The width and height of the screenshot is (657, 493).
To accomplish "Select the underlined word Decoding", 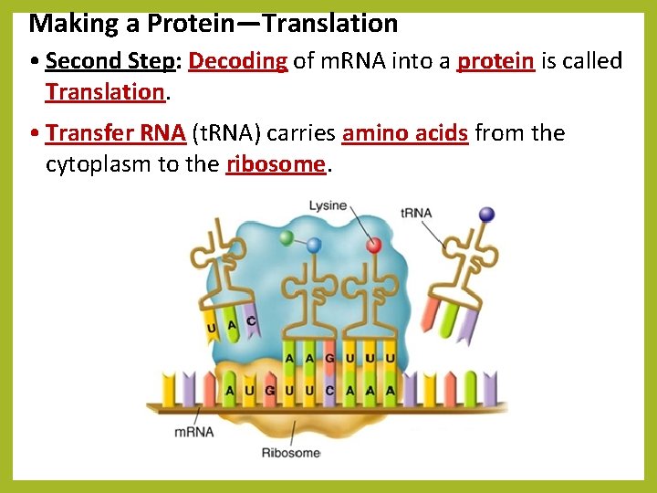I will coord(238,61).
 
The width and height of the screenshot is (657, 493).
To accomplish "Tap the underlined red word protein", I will coord(495,61).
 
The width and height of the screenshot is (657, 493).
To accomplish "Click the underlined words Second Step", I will coord(109,61).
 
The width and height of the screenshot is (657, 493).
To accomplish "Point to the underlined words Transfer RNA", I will coord(115,133).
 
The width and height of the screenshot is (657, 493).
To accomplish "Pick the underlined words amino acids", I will coord(405,133).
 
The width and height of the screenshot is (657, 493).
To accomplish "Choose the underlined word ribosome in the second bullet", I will coord(276,164).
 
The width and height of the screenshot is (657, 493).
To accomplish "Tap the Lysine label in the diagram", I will coord(327,205).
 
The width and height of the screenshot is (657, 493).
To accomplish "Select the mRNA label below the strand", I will coord(194,430).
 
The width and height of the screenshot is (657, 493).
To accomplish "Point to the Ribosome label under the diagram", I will coord(291,453).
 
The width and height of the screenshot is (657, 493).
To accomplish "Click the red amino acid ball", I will coord(373,244).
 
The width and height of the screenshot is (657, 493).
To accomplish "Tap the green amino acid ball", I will coord(287,238).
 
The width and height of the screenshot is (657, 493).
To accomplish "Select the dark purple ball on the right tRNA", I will coord(486,215).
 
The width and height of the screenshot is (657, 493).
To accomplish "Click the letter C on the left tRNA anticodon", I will coord(250,321).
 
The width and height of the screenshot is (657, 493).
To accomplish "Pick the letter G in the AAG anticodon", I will coord(330,359).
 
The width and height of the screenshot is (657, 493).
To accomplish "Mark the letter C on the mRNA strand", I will coord(330,391).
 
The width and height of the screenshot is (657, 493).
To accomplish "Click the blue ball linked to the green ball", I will coord(314,245).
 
